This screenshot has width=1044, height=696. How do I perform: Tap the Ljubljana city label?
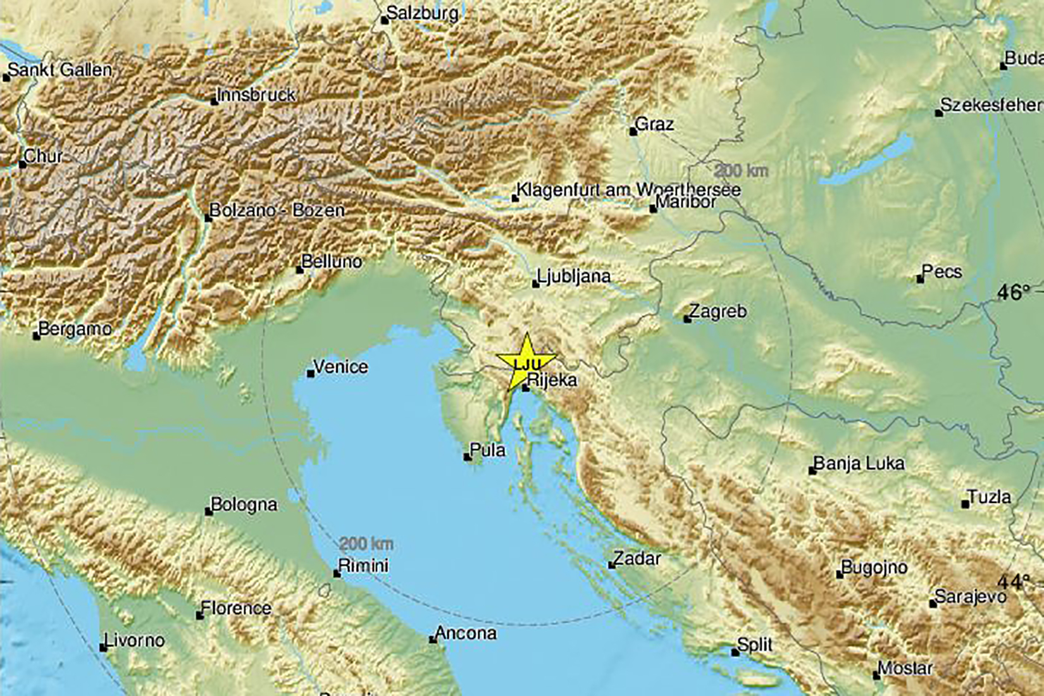point(573,277)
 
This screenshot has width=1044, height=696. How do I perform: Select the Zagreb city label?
point(718,311)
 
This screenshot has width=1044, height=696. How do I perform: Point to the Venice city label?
point(340,366)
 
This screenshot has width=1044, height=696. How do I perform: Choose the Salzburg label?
point(422,13)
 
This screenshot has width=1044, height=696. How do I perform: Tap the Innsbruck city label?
point(256,95)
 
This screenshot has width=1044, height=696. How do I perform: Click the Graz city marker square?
point(633,132)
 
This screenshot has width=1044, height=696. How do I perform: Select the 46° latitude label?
point(1014,292)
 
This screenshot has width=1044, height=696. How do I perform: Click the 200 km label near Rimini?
point(366,544)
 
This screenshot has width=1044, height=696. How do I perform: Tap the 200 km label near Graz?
point(741,170)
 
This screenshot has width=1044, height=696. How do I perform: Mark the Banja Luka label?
point(859,463)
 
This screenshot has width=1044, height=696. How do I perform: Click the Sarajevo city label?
point(970,597)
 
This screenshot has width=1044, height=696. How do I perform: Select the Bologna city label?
point(244,504)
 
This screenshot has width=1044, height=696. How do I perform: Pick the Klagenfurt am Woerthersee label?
point(628,189)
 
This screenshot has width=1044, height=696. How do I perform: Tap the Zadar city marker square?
point(612,564)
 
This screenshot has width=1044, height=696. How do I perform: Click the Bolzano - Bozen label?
point(277,210)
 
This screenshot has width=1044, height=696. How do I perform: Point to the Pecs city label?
point(941,272)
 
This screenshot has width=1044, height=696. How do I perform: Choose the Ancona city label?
point(466,633)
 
